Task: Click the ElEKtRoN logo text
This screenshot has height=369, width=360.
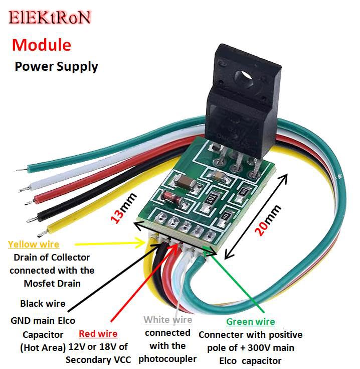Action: click(50, 18)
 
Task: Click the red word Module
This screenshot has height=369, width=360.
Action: click(42, 45)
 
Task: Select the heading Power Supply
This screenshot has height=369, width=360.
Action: click(56, 66)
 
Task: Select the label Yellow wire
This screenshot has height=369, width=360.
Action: click(34, 244)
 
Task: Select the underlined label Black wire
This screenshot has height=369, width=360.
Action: click(43, 303)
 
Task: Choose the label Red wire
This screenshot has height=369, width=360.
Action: click(98, 333)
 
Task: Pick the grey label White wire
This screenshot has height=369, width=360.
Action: click(167, 320)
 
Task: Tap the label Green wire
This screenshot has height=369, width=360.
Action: click(250, 321)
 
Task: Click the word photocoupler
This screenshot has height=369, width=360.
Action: click(167, 358)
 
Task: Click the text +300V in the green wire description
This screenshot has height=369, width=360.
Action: click(275, 347)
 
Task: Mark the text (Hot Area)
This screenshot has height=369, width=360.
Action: click(43, 347)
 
